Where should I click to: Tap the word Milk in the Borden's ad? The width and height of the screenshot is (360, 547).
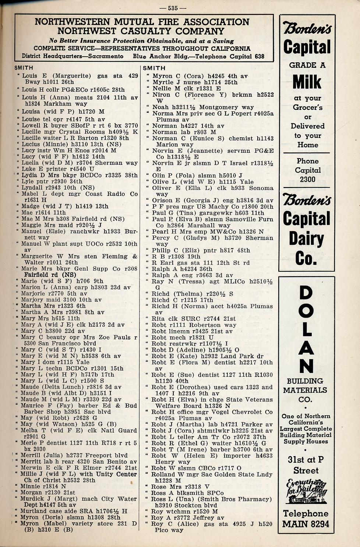click(x=307, y=82)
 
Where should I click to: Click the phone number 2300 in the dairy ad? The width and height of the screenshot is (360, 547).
click(x=307, y=179)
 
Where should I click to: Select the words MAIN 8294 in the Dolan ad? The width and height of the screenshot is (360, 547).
click(x=306, y=524)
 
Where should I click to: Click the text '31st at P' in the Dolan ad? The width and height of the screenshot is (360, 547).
click(x=306, y=459)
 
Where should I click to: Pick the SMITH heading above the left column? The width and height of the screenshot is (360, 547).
click(x=24, y=68)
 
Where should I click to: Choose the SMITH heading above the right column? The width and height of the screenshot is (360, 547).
click(x=154, y=68)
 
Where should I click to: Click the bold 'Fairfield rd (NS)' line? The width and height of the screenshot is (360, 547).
click(x=50, y=275)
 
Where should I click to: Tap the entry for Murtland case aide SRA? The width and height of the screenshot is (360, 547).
click(x=74, y=511)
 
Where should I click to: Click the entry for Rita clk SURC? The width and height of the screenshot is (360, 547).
click(x=194, y=318)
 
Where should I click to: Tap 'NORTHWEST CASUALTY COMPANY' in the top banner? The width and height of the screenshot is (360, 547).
click(x=141, y=31)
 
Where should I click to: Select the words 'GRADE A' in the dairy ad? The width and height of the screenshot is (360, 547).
click(x=307, y=65)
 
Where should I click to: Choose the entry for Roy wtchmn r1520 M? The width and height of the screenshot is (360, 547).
click(x=185, y=511)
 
